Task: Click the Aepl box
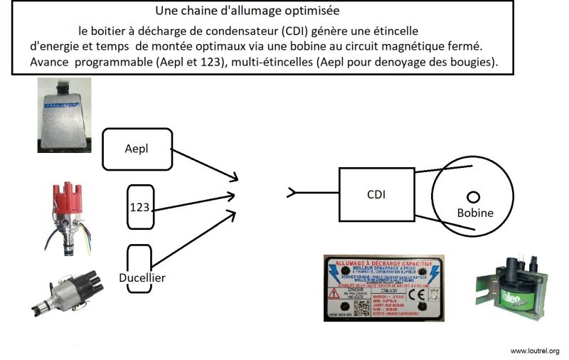point(137,149)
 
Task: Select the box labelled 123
point(140,207)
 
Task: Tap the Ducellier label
point(142,277)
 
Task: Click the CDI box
point(376,193)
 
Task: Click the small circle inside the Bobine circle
point(472,196)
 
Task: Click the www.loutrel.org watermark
point(534,351)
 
